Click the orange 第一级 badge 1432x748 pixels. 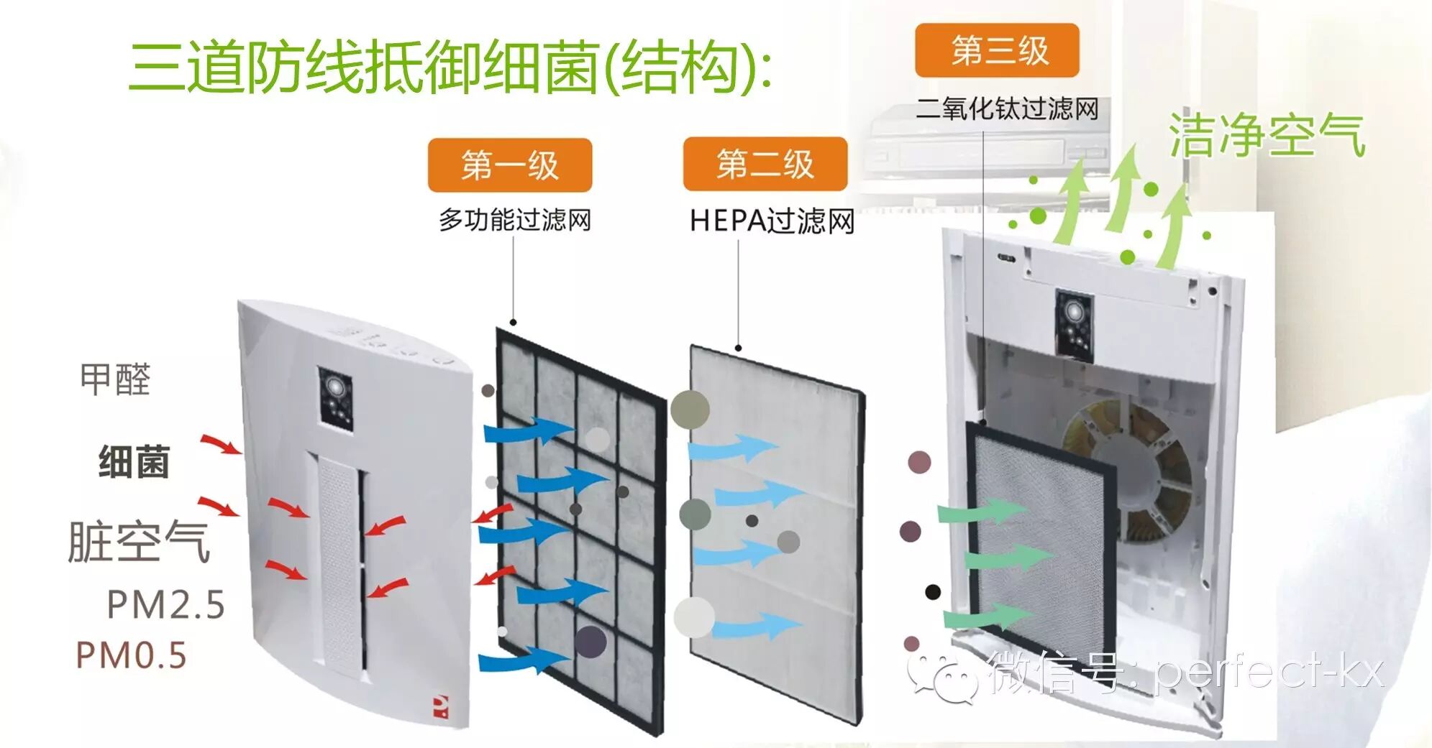[509, 165]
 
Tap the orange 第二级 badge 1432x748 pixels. [765, 164]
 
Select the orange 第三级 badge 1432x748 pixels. [997, 50]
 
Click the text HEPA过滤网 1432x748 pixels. [772, 221]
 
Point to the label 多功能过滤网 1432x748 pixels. [515, 219]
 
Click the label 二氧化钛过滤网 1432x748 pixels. [1007, 109]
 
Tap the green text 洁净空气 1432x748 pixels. [1266, 135]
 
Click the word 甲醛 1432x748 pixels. [115, 379]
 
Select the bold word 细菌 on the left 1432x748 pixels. [134, 462]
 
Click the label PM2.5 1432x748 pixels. [165, 605]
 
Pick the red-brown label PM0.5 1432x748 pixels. [131, 655]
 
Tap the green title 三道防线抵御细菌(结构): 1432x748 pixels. [450, 67]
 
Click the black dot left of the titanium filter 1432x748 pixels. [933, 592]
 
